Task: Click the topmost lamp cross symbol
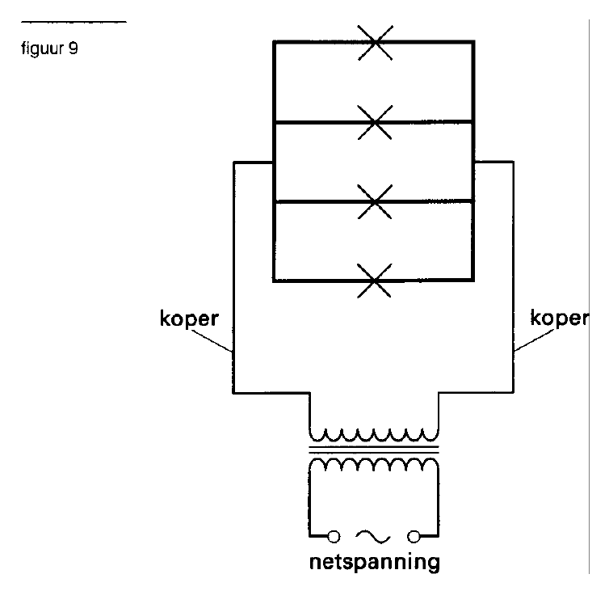[x=376, y=42]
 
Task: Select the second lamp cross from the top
[x=375, y=122]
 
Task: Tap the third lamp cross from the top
[x=375, y=201]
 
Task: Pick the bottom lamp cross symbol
[x=375, y=281]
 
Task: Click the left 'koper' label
[x=189, y=319]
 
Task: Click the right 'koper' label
[x=560, y=318]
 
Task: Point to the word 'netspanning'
[x=375, y=562]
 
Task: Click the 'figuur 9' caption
[x=49, y=49]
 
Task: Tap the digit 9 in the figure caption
[x=73, y=48]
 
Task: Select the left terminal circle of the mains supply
[x=334, y=537]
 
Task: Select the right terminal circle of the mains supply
[x=414, y=537]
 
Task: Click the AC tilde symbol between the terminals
[x=373, y=536]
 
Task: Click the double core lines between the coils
[x=374, y=450]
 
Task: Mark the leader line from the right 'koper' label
[x=534, y=340]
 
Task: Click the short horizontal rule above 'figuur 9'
[x=73, y=22]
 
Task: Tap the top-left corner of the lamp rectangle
[x=274, y=41]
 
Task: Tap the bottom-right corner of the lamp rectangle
[x=473, y=280]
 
